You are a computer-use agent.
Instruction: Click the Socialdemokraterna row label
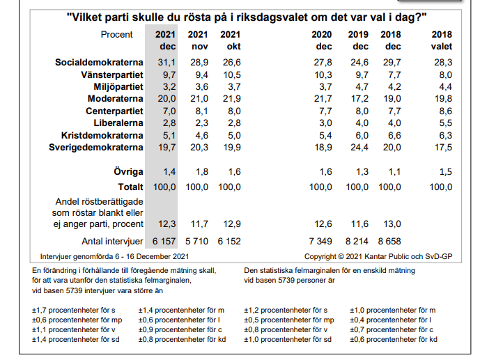coord(99,63)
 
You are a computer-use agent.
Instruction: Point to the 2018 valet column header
coord(442,40)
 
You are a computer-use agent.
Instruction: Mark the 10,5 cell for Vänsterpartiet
coord(231,75)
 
